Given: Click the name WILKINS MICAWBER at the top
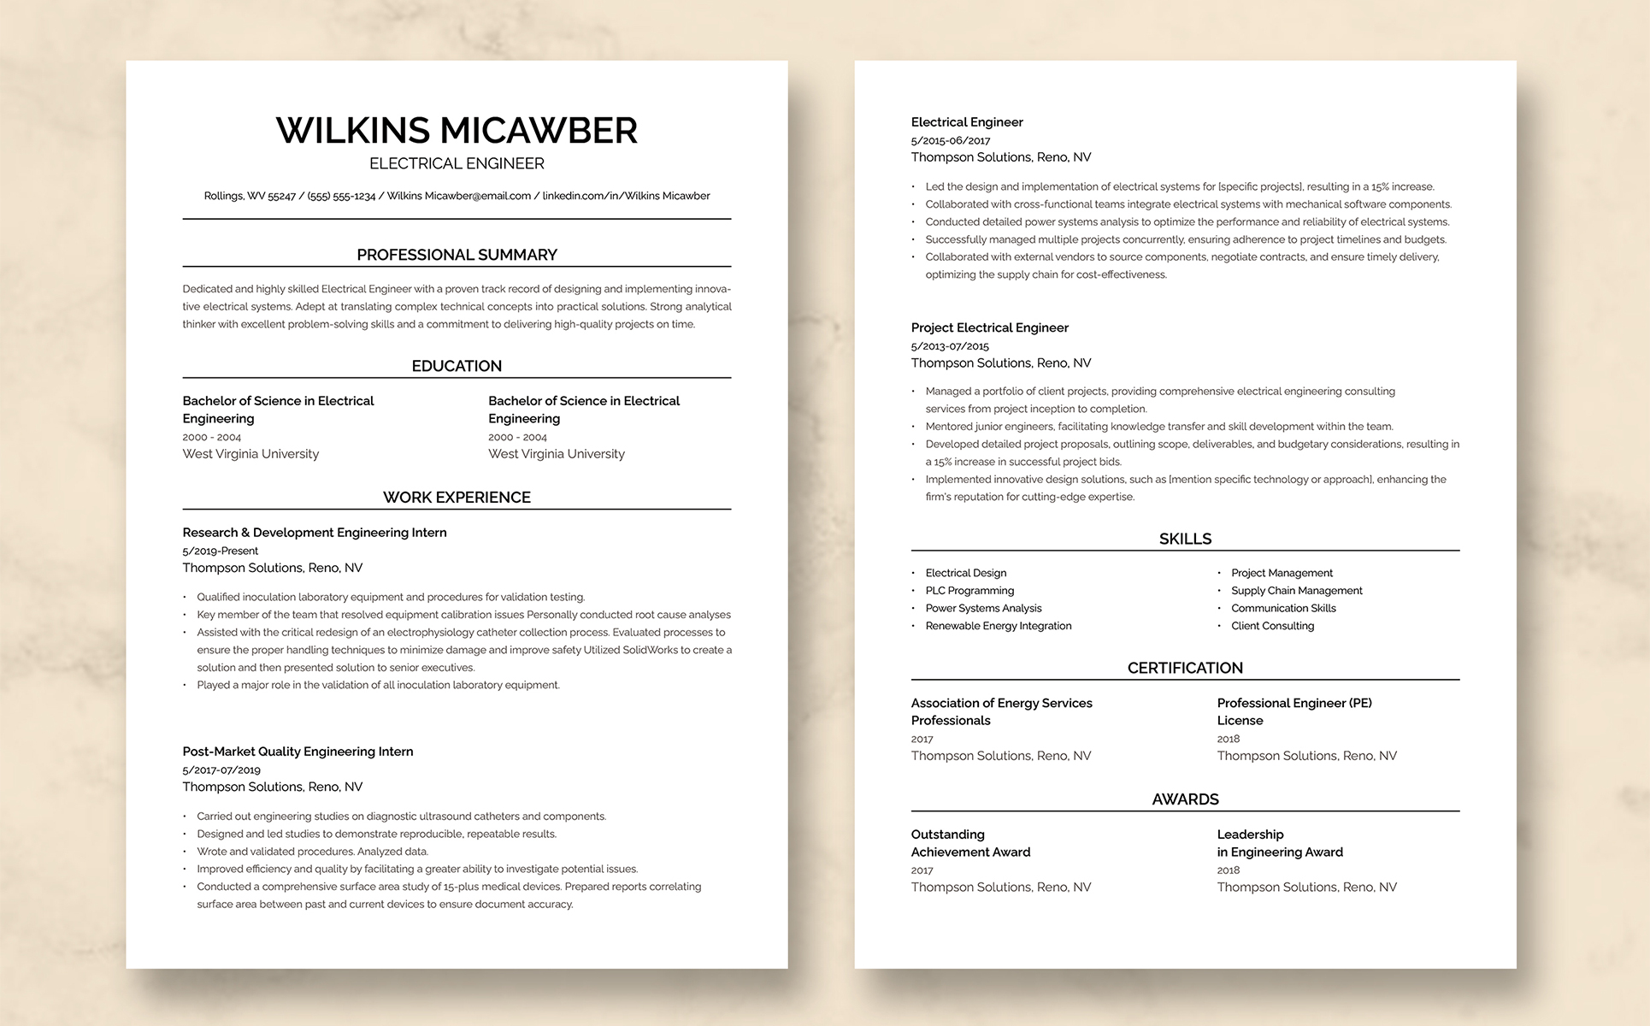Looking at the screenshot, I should coord(457,131).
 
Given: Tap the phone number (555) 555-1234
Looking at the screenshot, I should coord(341,196).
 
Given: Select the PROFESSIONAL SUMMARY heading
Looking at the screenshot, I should coord(457,255).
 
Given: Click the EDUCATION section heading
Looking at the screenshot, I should coord(457,366).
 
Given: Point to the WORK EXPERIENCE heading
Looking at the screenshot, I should coord(457,498).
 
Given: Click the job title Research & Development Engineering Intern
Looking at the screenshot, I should coord(315,533).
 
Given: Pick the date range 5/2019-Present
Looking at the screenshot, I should coord(221,551).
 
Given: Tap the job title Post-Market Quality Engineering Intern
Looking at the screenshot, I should coord(298,752).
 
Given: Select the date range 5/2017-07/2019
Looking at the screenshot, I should coord(221,770).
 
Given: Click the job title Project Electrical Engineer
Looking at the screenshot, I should coord(989,327).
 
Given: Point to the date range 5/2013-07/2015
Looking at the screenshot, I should coord(950,346).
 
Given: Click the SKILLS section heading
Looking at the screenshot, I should coord(1185,539).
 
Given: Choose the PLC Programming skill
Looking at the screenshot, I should coord(969,591).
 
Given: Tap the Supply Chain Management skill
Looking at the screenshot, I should coord(1296,591).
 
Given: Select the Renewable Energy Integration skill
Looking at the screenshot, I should coord(998,626).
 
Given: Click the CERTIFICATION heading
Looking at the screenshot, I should coord(1185,668).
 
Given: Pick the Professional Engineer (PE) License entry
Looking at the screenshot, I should coord(1293,711).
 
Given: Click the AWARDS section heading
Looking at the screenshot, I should coord(1185,799).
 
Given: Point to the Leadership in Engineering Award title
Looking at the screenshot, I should coord(1279,843).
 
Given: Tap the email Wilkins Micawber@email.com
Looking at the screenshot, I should coord(458,196).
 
